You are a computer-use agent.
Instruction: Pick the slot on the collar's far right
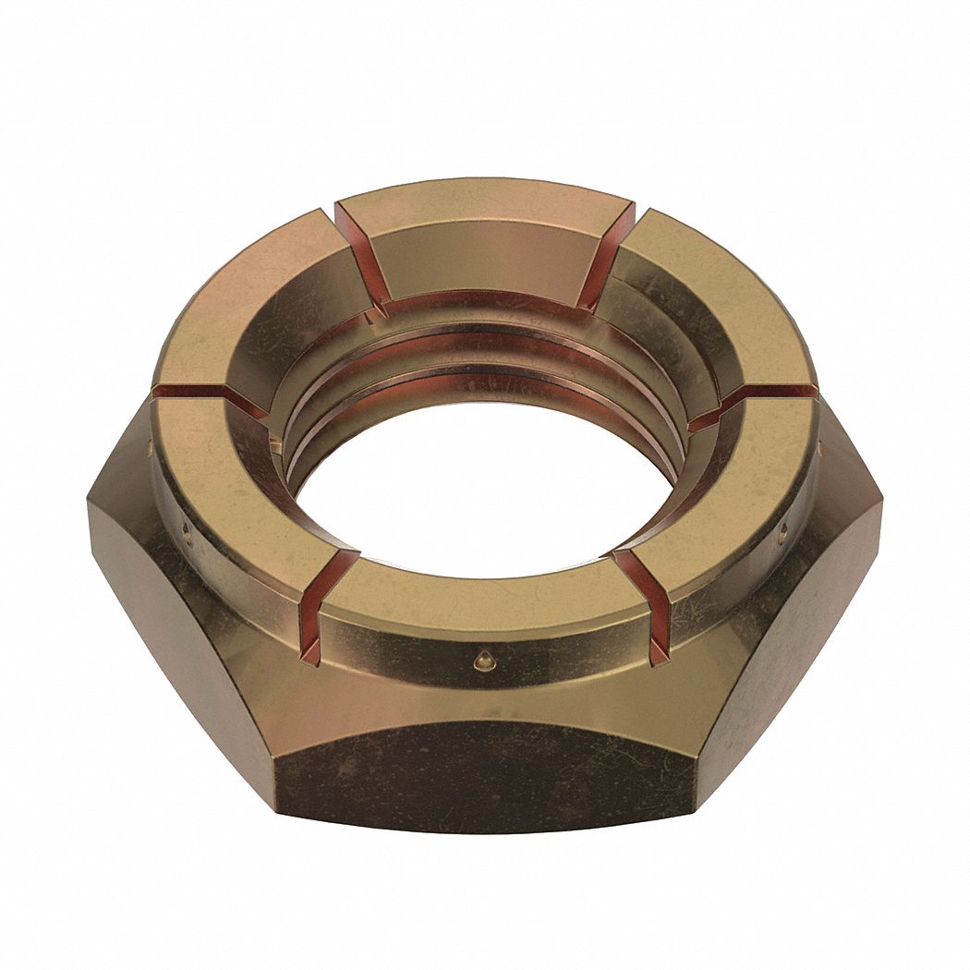coord(758,399)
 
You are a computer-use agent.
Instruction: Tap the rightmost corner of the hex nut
coord(881,517)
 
